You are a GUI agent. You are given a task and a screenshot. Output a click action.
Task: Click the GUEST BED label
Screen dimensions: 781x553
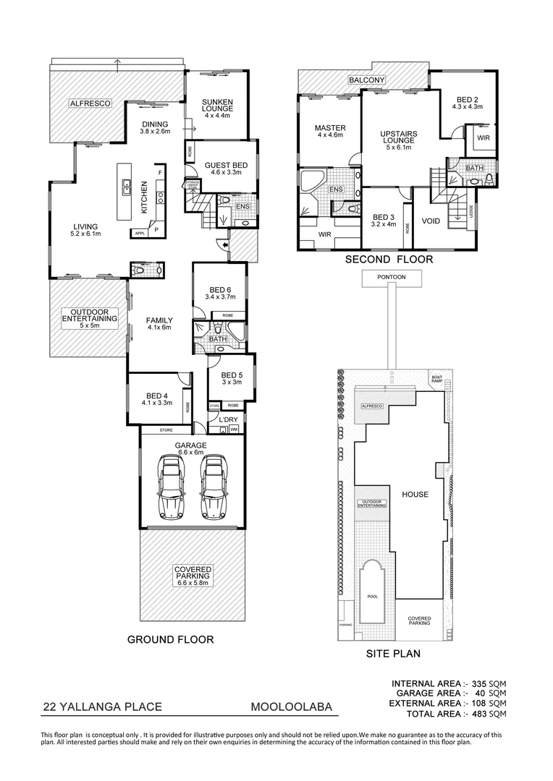pyautogui.click(x=226, y=166)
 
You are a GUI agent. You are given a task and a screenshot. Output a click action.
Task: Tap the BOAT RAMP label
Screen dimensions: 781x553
pyautogui.click(x=436, y=378)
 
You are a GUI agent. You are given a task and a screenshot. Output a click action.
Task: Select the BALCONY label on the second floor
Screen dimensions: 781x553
pyautogui.click(x=366, y=80)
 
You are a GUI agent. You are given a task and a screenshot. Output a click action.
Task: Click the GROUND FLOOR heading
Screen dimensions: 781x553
pyautogui.click(x=170, y=639)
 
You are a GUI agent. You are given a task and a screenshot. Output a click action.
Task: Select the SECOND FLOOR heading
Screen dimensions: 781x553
pyautogui.click(x=389, y=259)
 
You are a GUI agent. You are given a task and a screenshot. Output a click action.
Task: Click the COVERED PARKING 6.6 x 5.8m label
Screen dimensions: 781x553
pyautogui.click(x=192, y=575)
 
